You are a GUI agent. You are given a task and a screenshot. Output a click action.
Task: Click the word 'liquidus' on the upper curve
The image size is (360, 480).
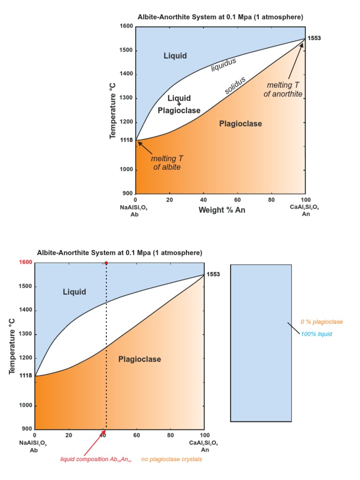coord(223,65)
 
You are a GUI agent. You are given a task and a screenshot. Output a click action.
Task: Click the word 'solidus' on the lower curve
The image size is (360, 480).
coord(235,85)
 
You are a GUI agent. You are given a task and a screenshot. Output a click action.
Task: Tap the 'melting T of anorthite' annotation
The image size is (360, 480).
coord(283,90)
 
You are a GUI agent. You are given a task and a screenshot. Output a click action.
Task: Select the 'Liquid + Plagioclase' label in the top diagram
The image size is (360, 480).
coord(179,104)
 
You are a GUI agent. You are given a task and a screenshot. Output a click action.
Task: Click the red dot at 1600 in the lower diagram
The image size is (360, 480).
coord(106,263)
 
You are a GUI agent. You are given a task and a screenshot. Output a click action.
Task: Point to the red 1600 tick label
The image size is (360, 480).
coord(26,262)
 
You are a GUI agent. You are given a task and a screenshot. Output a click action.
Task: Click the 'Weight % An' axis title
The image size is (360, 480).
coord(222,210)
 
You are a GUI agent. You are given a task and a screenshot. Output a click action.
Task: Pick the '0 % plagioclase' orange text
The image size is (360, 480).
coord(322,322)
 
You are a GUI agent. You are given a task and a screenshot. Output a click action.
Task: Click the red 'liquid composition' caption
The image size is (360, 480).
coord(96,459)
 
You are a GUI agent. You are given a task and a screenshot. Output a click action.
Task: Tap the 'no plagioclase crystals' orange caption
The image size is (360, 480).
coord(171,459)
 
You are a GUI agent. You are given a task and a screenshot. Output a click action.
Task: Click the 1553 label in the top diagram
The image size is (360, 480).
coord(314,38)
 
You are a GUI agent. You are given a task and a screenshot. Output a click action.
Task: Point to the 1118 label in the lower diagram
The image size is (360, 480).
coord(26,376)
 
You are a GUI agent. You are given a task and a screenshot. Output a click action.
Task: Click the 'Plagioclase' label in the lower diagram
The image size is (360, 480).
coord(139,360)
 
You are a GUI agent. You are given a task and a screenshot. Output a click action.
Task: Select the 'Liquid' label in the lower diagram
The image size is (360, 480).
coord(75,292)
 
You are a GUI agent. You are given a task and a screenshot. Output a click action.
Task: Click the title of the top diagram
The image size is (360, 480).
coord(220,17)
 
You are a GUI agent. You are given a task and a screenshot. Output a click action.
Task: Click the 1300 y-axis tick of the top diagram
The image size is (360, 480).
coord(127,98)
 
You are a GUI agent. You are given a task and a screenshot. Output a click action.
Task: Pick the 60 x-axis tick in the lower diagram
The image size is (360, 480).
coord(136,435)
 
